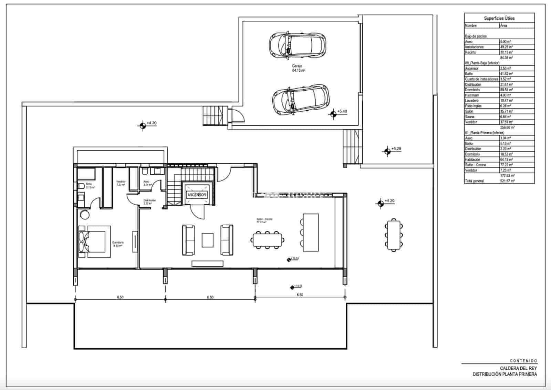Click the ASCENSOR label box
(x=197, y=195)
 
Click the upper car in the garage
(x=297, y=44)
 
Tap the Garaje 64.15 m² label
(x=298, y=68)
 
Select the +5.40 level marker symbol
(x=333, y=114)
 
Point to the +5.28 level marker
(x=387, y=151)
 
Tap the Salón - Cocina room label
(x=264, y=220)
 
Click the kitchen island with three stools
(x=310, y=232)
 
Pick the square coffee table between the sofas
(x=207, y=240)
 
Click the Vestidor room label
(x=121, y=183)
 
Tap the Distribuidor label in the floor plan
(x=149, y=202)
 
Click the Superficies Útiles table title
(x=499, y=18)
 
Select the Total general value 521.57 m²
(x=507, y=181)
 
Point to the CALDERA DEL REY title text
(x=518, y=368)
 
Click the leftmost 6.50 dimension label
(x=120, y=297)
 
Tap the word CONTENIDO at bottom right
(x=523, y=361)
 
